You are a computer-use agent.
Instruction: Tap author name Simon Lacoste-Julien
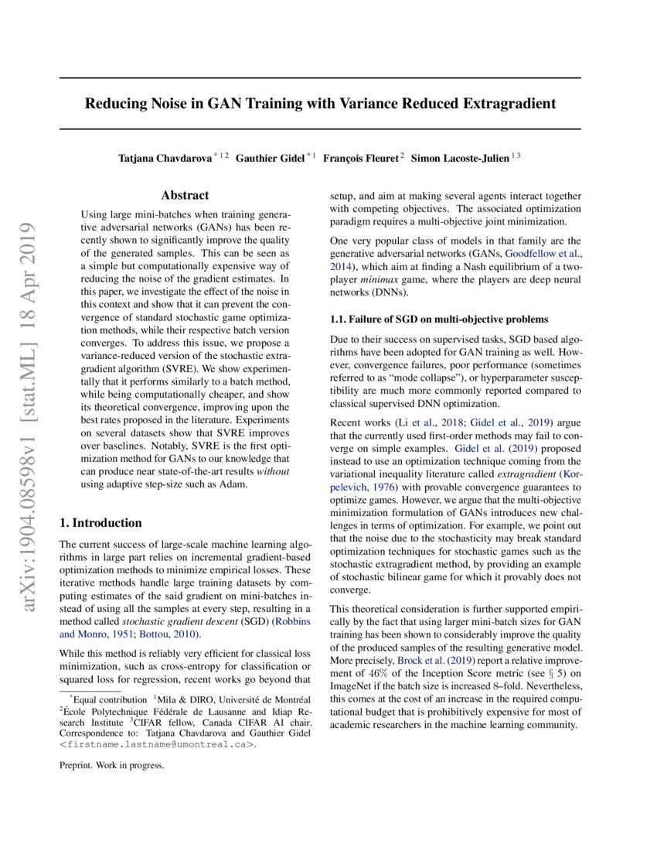[460, 158]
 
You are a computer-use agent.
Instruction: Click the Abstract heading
[185, 196]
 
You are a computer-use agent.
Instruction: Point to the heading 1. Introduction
[101, 523]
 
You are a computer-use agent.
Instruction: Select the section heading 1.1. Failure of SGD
[439, 319]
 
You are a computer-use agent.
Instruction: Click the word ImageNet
[353, 688]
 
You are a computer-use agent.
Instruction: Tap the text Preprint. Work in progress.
[111, 766]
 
